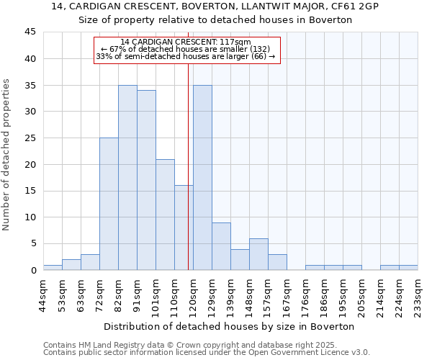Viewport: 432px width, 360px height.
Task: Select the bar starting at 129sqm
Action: click(x=221, y=246)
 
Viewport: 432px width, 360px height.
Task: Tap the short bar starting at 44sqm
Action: click(x=53, y=267)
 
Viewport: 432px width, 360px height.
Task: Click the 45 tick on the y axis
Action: click(x=30, y=32)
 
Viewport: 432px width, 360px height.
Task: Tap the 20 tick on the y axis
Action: click(x=30, y=164)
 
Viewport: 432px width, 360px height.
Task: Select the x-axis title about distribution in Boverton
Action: click(x=230, y=326)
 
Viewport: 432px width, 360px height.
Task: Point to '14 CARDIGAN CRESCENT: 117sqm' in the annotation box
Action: click(x=186, y=42)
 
